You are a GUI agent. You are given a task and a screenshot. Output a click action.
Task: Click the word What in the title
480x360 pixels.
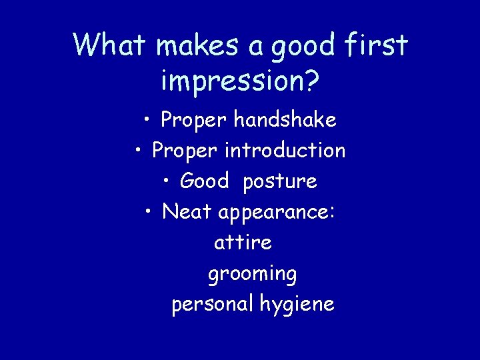pos(110,45)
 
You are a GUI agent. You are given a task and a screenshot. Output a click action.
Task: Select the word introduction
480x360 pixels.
pos(285,151)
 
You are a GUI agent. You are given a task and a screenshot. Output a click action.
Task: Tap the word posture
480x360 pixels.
pos(280,182)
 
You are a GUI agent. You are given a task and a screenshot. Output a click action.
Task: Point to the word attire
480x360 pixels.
pos(243,243)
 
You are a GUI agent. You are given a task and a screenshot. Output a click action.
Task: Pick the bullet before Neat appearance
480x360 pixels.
pos(150,212)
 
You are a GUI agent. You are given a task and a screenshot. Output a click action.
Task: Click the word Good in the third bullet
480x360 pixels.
pos(205,181)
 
